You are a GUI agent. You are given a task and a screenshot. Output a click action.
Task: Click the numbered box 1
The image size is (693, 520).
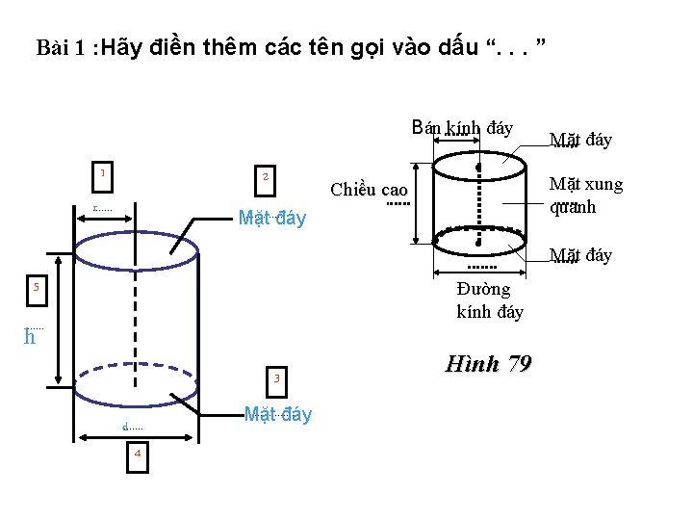tap(102, 174)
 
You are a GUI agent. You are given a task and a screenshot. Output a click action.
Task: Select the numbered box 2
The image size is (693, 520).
tap(265, 177)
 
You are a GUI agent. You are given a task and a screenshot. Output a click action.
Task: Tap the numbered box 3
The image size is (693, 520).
tap(275, 378)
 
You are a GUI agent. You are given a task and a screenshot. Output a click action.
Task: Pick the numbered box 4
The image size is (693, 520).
tap(138, 454)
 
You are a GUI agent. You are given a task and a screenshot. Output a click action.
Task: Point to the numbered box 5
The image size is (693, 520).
tap(36, 287)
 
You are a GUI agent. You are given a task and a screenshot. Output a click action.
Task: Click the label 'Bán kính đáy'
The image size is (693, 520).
tap(462, 128)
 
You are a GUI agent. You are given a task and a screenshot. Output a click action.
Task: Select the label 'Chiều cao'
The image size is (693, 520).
tap(369, 189)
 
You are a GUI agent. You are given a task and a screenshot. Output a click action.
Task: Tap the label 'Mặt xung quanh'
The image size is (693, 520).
tap(585, 195)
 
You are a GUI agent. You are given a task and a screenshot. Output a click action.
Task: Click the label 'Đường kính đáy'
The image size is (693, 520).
tap(490, 299)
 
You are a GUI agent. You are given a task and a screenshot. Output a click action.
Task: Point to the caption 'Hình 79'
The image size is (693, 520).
tap(489, 364)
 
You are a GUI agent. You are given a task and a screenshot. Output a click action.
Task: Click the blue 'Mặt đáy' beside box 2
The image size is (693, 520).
tap(271, 219)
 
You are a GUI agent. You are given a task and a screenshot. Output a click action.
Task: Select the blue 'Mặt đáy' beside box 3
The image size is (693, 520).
tap(277, 415)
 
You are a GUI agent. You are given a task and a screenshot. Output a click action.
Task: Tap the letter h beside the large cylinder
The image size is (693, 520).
tap(30, 337)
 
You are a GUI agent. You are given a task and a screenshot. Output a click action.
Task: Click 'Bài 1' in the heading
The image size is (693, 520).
tap(59, 47)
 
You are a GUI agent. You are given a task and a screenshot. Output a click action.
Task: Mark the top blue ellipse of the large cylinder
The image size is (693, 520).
tap(136, 248)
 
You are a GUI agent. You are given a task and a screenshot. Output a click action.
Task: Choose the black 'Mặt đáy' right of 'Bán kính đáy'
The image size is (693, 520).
tap(580, 141)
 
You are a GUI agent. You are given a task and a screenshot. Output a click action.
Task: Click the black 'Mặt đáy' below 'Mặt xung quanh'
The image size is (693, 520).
tap(580, 255)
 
